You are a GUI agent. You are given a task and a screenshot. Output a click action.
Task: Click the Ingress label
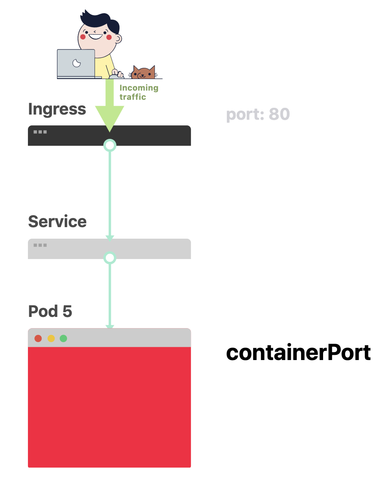click(57, 109)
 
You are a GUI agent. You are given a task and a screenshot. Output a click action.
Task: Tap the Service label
click(57, 222)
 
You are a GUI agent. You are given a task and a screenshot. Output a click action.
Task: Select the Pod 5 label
click(50, 311)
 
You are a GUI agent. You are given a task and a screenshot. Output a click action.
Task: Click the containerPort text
click(298, 353)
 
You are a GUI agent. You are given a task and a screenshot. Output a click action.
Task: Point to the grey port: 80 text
click(258, 115)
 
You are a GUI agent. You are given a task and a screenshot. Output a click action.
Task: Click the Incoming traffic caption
click(139, 92)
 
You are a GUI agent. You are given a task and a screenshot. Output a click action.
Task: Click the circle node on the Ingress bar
click(110, 145)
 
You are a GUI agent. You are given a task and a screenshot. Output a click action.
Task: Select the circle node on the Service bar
click(110, 257)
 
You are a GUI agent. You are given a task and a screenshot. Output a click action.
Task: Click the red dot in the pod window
click(38, 338)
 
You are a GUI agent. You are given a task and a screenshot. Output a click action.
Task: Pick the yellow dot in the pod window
click(51, 338)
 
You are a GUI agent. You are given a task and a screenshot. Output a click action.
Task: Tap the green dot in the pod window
click(63, 338)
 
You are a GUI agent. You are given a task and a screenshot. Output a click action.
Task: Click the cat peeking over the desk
click(143, 73)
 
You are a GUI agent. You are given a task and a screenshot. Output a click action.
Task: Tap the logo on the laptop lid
click(76, 63)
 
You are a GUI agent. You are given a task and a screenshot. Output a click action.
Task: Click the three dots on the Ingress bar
click(40, 132)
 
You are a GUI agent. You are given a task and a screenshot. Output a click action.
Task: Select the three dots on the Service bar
click(40, 245)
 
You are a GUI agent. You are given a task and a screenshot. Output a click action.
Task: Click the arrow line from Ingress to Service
click(110, 192)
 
